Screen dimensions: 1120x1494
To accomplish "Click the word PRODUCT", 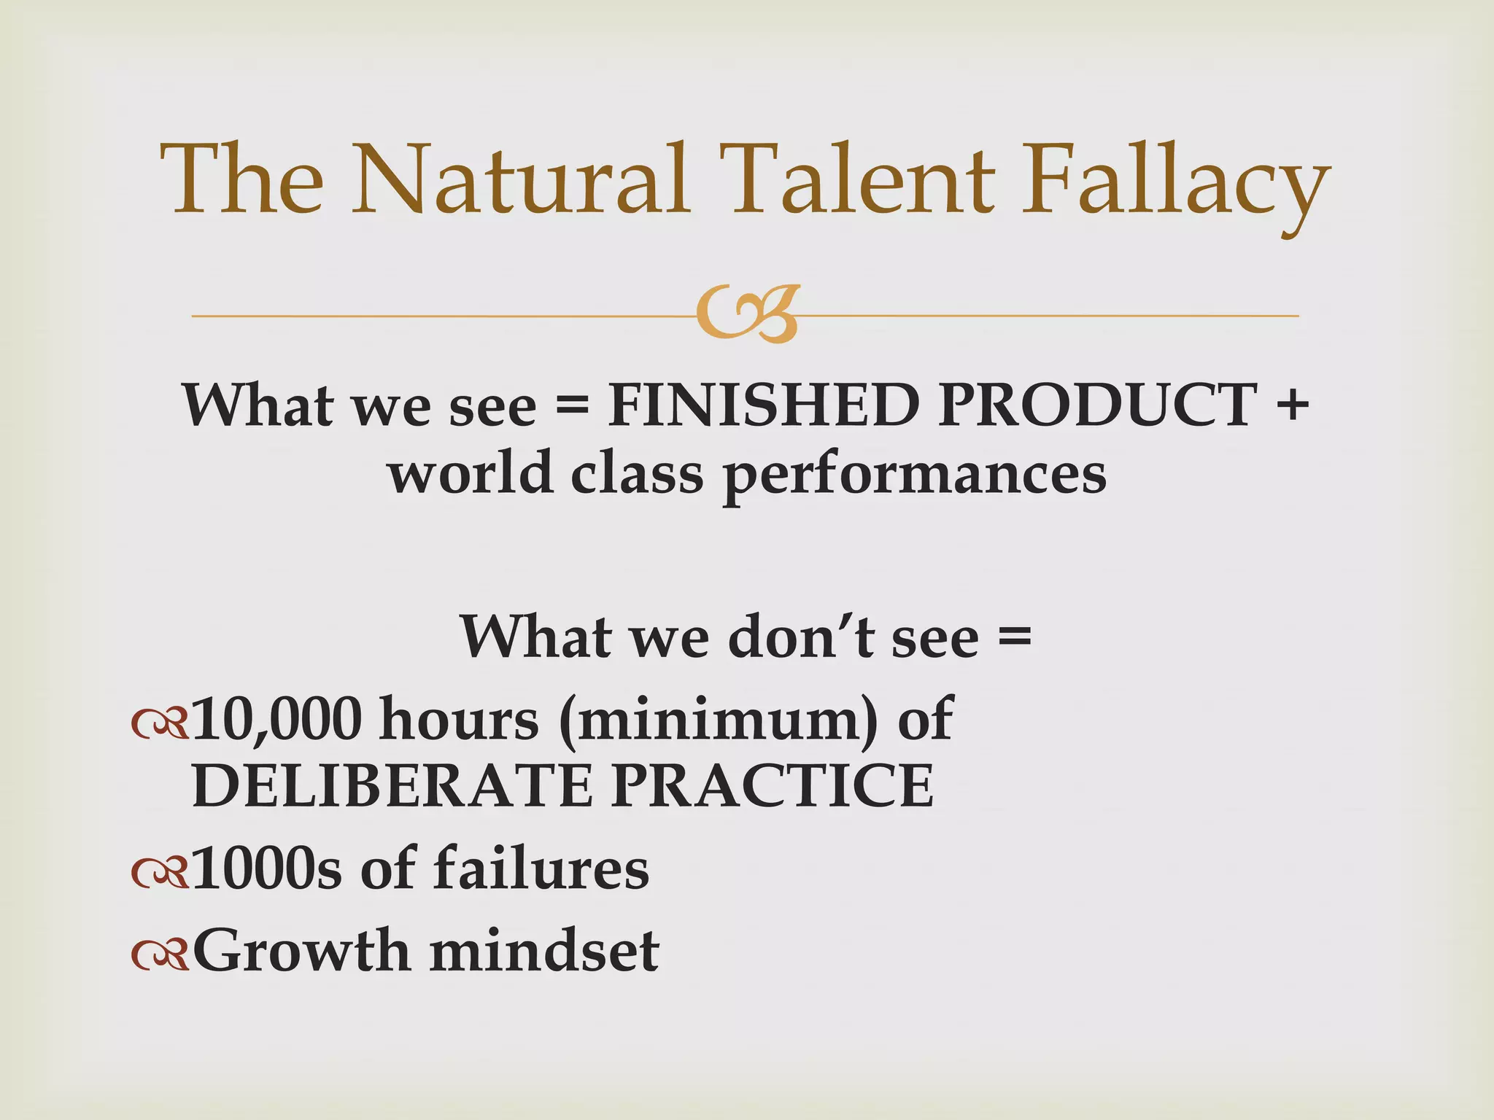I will click(1098, 405).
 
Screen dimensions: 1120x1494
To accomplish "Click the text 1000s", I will click(267, 868).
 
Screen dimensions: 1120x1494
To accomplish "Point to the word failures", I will click(541, 868).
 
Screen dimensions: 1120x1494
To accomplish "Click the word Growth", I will click(301, 952).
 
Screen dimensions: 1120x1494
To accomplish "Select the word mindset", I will click(544, 952).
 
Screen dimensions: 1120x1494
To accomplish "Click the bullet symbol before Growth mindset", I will click(159, 954).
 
